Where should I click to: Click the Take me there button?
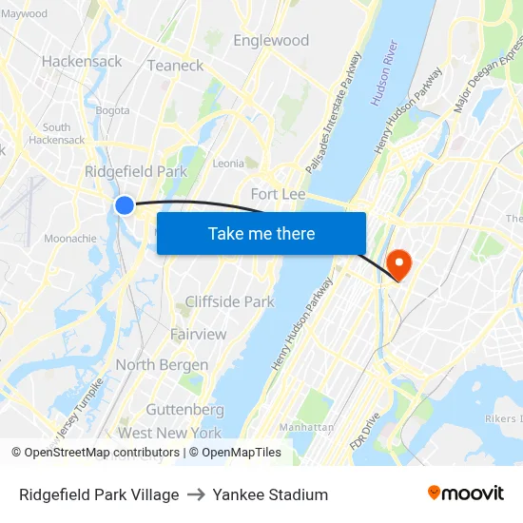tap(261, 233)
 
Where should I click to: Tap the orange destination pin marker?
tap(398, 261)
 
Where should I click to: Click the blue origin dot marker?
tap(125, 204)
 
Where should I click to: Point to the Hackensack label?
tap(82, 61)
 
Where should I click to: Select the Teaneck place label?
tap(175, 66)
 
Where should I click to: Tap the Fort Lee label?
tap(278, 194)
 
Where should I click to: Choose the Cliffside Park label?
tap(229, 301)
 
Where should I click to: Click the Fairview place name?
tap(198, 334)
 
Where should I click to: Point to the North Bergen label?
tap(162, 365)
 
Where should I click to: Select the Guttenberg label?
tap(184, 410)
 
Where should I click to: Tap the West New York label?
tap(169, 433)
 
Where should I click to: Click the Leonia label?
tap(228, 164)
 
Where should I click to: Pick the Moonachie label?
tap(69, 239)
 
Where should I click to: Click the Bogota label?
tap(112, 110)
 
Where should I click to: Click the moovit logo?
tap(466, 494)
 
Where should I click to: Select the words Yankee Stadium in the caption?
tap(270, 494)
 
